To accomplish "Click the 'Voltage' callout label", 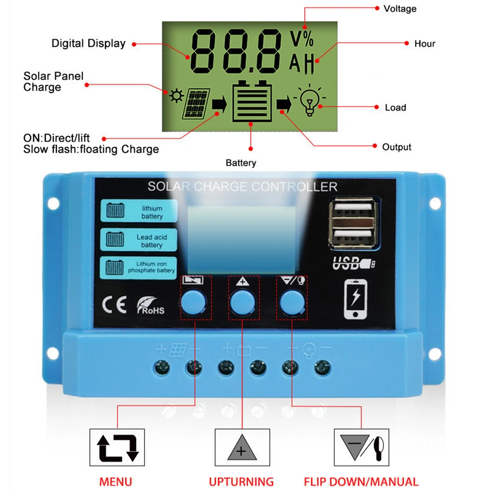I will (400, 8).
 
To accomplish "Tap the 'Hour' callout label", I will (425, 44).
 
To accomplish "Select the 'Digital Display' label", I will (88, 43).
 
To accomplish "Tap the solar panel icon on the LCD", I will (197, 104).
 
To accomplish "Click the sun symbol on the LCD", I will (175, 96).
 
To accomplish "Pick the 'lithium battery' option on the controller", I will (138, 212).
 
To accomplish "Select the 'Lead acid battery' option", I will (138, 241).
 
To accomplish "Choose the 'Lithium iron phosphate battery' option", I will (138, 268).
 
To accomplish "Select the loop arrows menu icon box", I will (117, 447).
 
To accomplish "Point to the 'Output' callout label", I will (397, 147).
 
